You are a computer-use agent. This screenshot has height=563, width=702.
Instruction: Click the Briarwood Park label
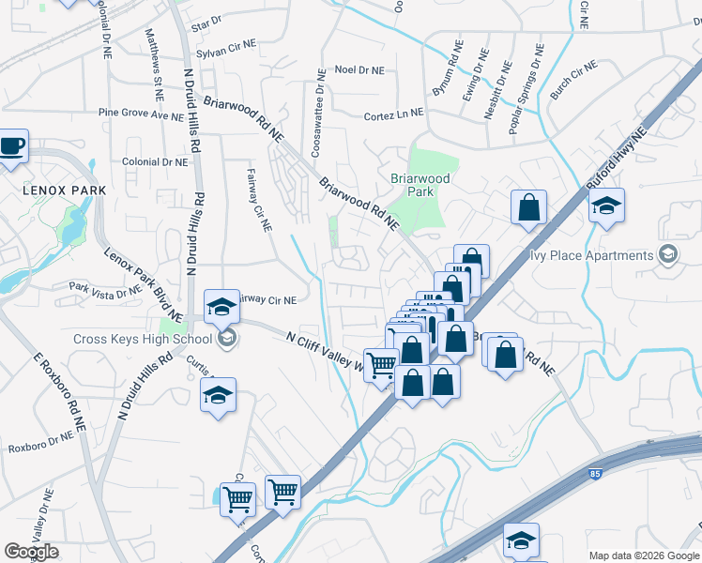[x=420, y=185]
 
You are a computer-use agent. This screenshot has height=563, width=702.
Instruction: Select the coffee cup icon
[x=13, y=146]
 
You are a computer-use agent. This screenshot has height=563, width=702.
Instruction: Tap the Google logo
[x=31, y=552]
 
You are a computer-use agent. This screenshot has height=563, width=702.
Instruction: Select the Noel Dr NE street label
[x=359, y=70]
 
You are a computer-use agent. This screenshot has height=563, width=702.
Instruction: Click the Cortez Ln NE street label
[x=393, y=114]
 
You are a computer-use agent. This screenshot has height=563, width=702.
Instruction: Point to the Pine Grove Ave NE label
[x=141, y=114]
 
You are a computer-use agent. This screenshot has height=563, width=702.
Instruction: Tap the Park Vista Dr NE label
[x=104, y=288]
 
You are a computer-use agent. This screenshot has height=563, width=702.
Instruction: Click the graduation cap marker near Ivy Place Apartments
[x=606, y=205]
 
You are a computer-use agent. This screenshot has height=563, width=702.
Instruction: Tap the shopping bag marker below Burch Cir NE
[x=528, y=206]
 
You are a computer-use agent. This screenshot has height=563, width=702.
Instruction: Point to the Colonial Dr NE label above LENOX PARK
[x=155, y=161]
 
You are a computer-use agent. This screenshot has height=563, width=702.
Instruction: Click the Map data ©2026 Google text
[x=643, y=555]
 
